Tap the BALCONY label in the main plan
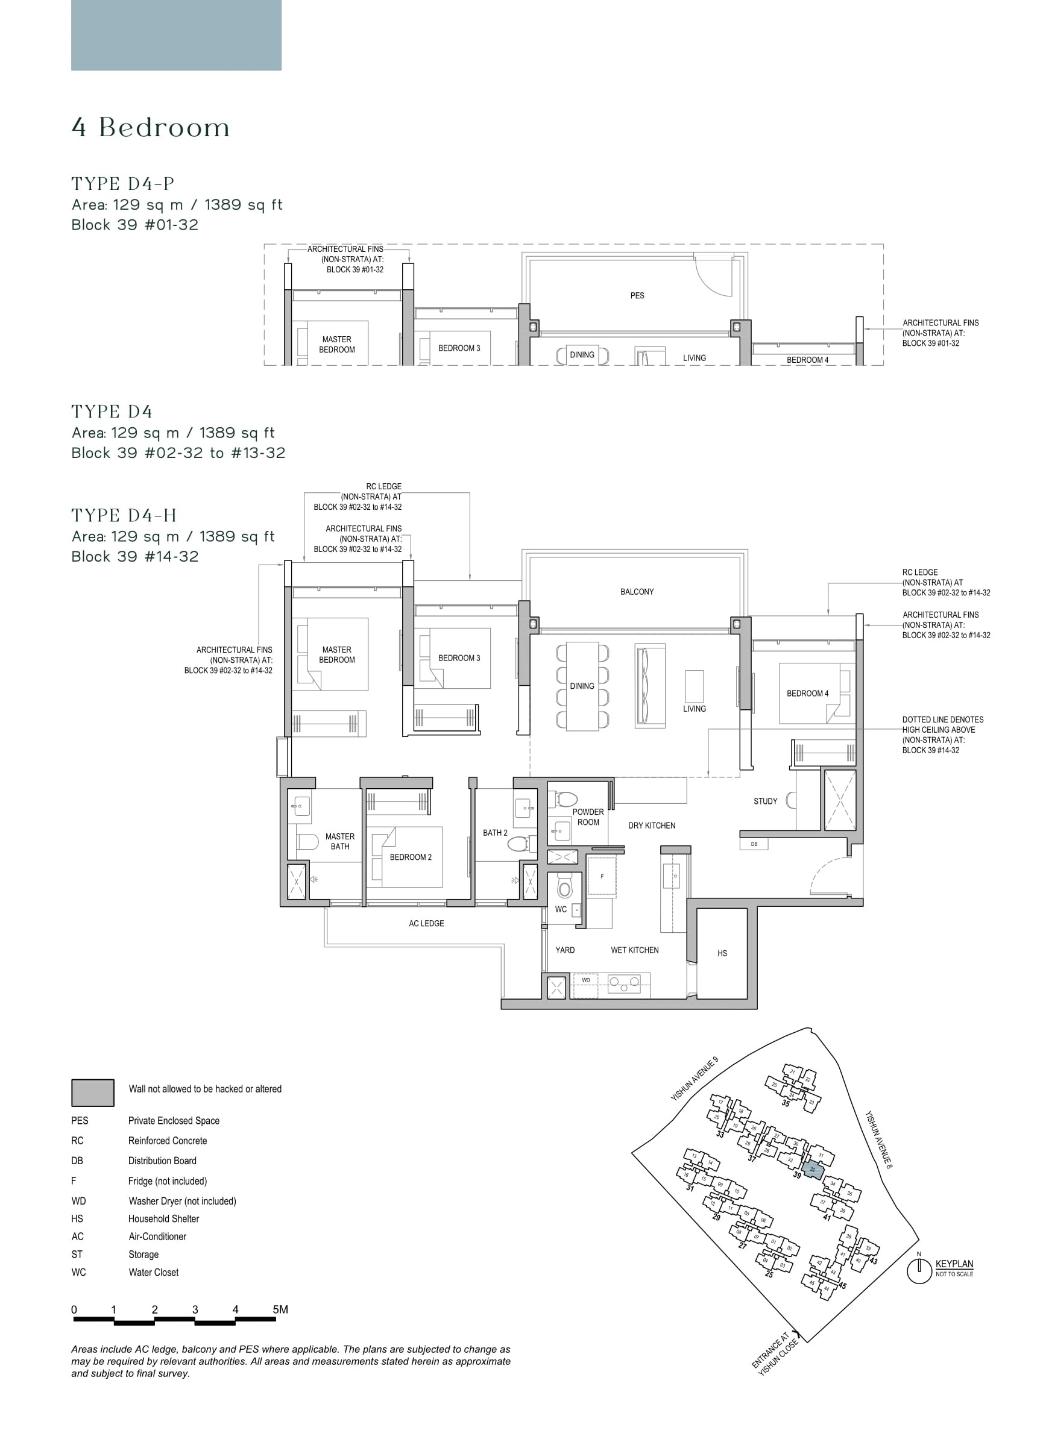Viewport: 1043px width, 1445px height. coord(636,592)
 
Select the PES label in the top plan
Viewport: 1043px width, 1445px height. coord(636,296)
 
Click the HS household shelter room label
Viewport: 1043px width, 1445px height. coord(722,954)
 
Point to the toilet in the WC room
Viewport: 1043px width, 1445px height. coord(564,886)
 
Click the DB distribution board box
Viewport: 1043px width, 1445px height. coord(754,844)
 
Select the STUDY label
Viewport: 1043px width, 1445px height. coord(765,801)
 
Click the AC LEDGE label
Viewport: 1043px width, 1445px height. coord(426,923)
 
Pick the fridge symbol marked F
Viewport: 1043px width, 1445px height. coord(601,877)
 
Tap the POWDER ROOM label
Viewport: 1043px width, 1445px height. coord(588,817)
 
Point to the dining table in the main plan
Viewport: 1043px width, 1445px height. coord(582,686)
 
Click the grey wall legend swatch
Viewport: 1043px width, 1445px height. coord(92,1092)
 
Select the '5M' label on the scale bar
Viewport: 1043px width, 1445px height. coord(280,1310)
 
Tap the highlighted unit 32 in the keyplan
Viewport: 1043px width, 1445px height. coord(812,1170)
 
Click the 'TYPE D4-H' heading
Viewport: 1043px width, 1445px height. coord(124,515)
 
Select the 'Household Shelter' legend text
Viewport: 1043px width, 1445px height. coord(163,1219)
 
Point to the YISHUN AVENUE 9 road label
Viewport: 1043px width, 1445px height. coord(695,1079)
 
